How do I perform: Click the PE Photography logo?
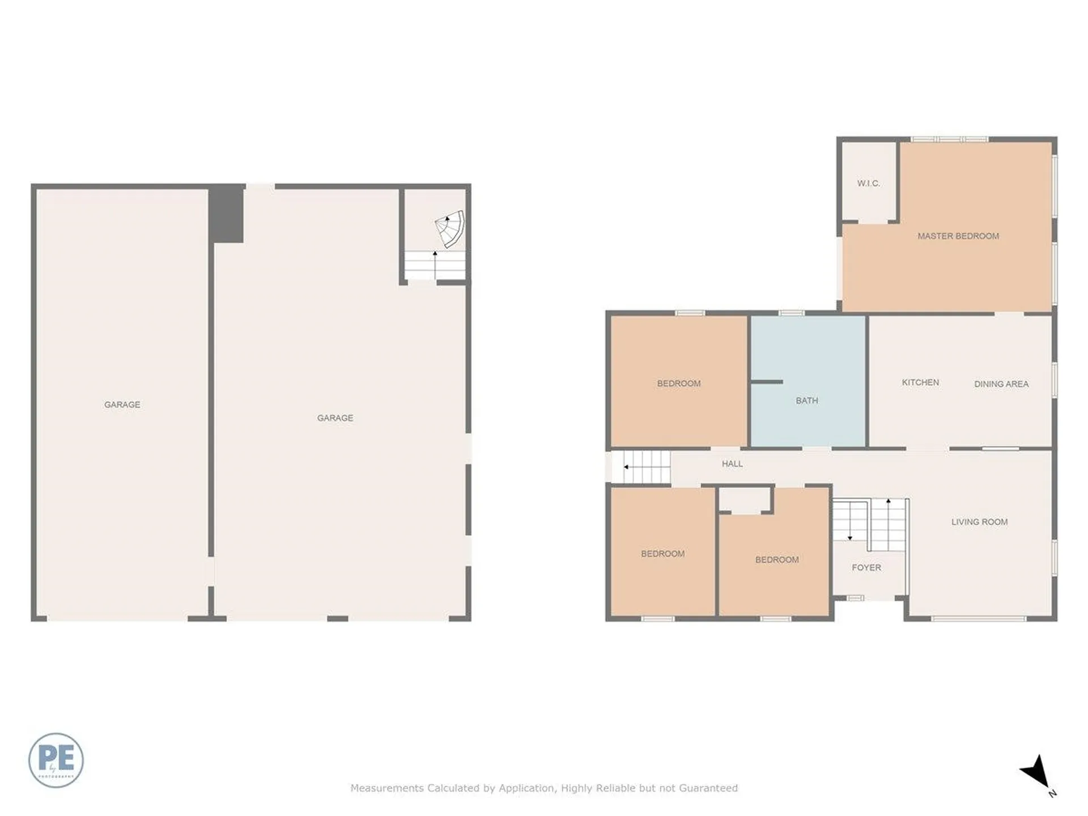pyautogui.click(x=56, y=760)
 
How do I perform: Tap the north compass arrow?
pyautogui.click(x=1036, y=772)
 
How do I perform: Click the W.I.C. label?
pyautogui.click(x=868, y=184)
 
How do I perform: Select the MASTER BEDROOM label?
pyautogui.click(x=958, y=236)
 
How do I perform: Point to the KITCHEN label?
pyautogui.click(x=920, y=382)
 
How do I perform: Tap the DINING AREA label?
pyautogui.click(x=1001, y=384)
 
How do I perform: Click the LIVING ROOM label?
pyautogui.click(x=979, y=522)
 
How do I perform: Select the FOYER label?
pyautogui.click(x=866, y=567)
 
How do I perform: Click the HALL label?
pyautogui.click(x=732, y=464)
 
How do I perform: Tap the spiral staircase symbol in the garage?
pyautogui.click(x=450, y=229)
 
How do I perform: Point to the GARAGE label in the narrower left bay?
pyautogui.click(x=122, y=405)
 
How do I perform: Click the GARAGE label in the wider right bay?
pyautogui.click(x=335, y=418)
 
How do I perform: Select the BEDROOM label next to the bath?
pyautogui.click(x=678, y=384)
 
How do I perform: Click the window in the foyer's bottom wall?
pyautogui.click(x=855, y=598)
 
